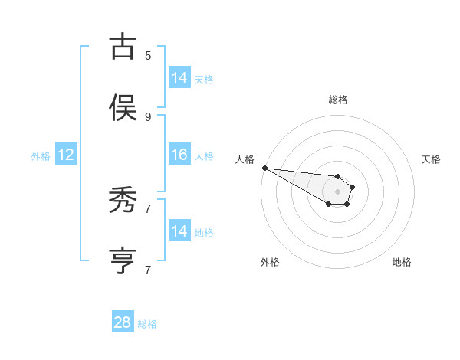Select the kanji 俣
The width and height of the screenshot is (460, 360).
[x=123, y=107]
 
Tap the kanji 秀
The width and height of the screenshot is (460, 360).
[x=123, y=201]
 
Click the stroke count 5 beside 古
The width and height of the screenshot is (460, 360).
[x=148, y=55]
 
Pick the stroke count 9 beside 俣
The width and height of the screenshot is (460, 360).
[x=148, y=116]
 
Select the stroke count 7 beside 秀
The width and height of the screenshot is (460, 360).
[x=148, y=208]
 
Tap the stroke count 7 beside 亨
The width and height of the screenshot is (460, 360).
[x=148, y=270]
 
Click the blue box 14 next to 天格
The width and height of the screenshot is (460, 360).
[x=179, y=78]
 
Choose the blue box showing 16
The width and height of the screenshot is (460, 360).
[x=179, y=155]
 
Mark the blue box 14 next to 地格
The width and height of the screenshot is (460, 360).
[x=179, y=231]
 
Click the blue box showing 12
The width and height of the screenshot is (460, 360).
[x=66, y=155]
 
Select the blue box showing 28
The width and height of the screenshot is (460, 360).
[x=123, y=322]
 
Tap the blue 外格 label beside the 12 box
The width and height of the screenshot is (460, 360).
[x=41, y=156]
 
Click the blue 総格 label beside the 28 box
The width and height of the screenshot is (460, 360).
[x=147, y=324]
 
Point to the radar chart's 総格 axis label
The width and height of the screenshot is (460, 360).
[x=338, y=100]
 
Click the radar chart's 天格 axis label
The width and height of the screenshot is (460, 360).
[x=431, y=159]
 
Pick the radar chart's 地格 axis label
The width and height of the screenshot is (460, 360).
[x=402, y=262]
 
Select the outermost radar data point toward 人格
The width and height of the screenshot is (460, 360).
[x=264, y=168]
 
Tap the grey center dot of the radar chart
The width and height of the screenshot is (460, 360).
[x=337, y=191]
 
